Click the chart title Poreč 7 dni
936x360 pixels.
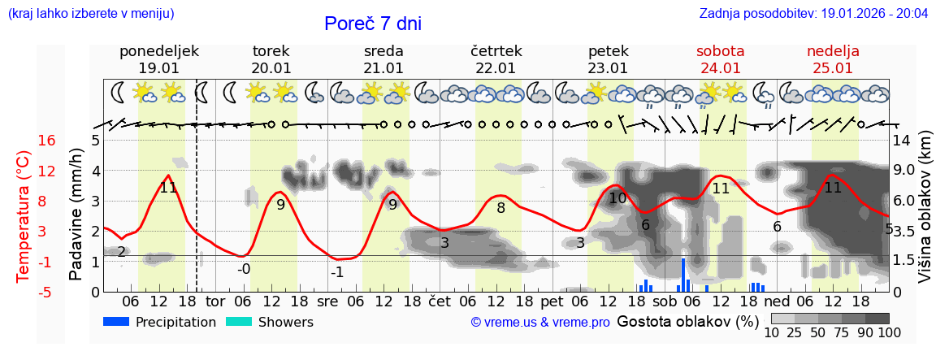[x=372, y=24]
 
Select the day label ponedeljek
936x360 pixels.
[x=158, y=51]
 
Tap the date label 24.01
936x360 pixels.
[x=720, y=68]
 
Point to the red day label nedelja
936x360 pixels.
[x=833, y=51]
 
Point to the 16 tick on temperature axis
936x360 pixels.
[x=47, y=141]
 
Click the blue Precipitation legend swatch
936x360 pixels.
[x=116, y=322]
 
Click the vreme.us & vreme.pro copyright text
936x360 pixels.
[x=540, y=323]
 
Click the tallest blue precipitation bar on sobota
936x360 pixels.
[x=683, y=275]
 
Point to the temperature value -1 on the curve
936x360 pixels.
[x=337, y=272]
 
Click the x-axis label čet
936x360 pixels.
[x=439, y=301]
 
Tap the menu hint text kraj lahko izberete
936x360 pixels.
[x=91, y=14]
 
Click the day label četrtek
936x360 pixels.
[x=496, y=51]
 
